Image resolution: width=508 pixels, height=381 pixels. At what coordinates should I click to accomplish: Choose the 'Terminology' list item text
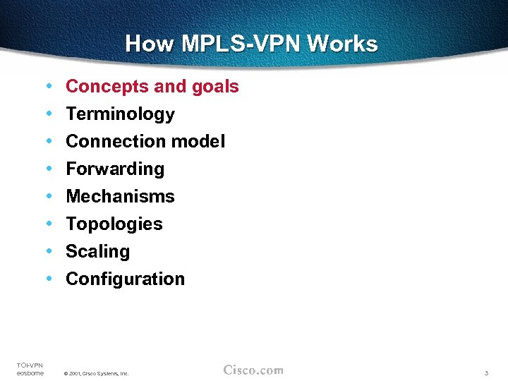click(120, 114)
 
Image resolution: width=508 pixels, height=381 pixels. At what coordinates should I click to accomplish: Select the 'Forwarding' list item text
click(115, 169)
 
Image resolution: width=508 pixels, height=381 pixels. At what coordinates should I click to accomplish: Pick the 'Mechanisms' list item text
click(120, 197)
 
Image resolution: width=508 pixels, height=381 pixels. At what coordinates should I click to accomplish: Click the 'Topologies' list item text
click(114, 224)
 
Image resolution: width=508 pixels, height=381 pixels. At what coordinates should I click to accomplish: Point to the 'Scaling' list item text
click(98, 252)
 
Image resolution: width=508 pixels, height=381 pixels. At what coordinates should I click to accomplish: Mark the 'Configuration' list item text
click(125, 279)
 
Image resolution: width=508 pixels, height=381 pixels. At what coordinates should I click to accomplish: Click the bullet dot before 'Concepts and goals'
click(47, 86)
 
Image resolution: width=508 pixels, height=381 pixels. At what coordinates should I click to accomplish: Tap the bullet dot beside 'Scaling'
click(47, 251)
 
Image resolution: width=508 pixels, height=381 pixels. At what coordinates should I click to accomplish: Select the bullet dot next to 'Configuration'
click(47, 279)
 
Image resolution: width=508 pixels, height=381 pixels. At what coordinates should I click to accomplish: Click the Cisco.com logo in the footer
click(253, 370)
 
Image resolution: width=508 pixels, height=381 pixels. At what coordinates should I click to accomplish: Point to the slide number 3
click(487, 373)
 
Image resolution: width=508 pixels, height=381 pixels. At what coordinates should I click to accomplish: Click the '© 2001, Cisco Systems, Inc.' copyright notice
click(96, 373)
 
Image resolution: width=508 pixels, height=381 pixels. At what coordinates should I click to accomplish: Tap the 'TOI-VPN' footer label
click(30, 365)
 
